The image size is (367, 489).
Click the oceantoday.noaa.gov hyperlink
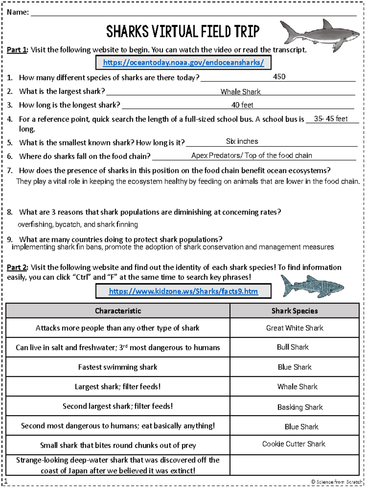(x=183, y=63)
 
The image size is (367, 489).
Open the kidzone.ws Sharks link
(x=183, y=291)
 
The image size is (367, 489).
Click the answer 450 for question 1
(x=279, y=77)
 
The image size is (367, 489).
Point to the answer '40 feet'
(x=242, y=105)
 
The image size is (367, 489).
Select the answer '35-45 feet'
(x=331, y=119)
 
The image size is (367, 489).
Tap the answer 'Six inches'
(x=242, y=141)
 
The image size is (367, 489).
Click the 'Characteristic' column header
(x=118, y=311)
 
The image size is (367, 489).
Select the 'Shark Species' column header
(x=295, y=311)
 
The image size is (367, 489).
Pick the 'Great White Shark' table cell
(x=295, y=328)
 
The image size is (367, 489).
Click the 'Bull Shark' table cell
(x=293, y=347)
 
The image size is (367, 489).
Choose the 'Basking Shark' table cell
(x=300, y=407)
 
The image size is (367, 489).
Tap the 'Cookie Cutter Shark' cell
(x=294, y=444)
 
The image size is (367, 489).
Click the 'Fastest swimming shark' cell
(x=118, y=367)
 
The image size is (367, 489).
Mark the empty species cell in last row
(x=295, y=465)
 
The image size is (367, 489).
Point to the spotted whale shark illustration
(x=312, y=286)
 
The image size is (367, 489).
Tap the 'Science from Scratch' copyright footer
(x=336, y=482)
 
